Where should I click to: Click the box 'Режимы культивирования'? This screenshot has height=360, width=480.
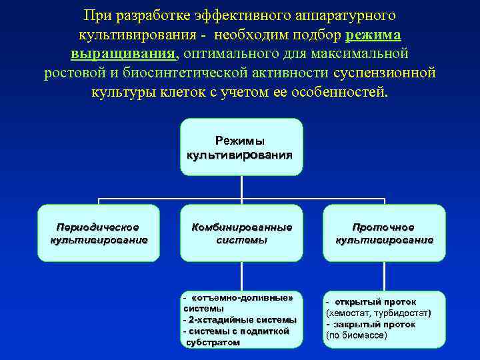[x=241, y=147]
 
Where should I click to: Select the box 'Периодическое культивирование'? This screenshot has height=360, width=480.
[x=99, y=233]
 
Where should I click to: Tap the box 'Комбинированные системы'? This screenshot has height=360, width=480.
[x=241, y=233]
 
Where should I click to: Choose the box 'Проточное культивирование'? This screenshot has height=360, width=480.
[x=384, y=233]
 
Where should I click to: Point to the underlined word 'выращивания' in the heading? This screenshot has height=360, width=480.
[x=123, y=53]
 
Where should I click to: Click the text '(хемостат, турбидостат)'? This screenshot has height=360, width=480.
[x=378, y=313]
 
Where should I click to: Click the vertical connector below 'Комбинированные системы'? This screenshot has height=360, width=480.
[x=241, y=275]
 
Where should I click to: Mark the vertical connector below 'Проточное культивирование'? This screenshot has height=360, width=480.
[x=384, y=275]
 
